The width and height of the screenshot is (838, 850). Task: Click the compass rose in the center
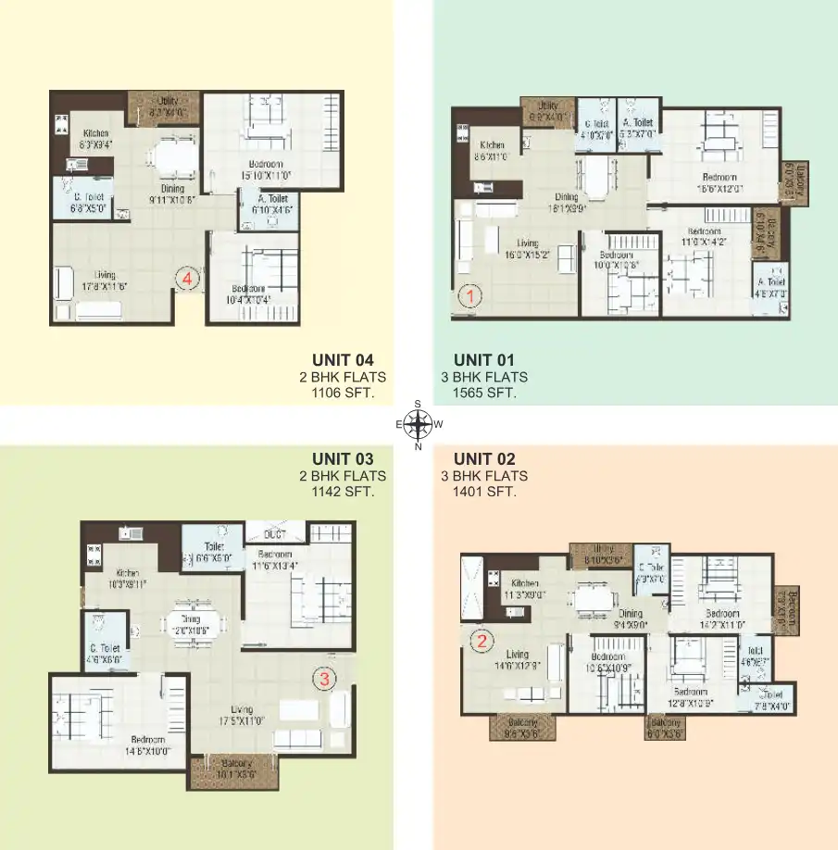(419, 425)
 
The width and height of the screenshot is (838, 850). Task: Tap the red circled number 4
(189, 277)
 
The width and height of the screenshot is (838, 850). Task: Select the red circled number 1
(470, 297)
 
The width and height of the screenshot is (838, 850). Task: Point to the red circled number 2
(481, 640)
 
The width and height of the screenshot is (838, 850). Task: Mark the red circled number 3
(324, 680)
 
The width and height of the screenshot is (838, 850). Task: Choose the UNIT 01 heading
(484, 359)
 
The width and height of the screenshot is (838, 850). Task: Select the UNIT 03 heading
(343, 458)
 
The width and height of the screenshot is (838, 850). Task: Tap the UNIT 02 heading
(484, 458)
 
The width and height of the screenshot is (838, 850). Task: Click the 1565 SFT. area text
(484, 393)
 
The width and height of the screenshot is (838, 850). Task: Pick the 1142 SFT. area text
(344, 492)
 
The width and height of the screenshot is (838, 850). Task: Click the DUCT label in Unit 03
(273, 535)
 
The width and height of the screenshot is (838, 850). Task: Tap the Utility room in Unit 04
(163, 106)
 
